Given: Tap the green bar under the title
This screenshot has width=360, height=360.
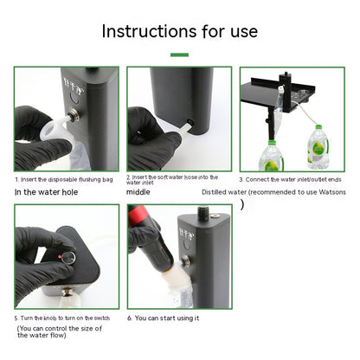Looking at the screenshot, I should pos(179,55).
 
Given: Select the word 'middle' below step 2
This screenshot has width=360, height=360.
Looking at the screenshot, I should pos(138,193).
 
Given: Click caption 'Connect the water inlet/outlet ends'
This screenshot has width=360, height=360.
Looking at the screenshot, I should pos(292,179).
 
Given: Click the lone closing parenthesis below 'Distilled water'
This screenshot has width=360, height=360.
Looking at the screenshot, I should pos(242,204).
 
